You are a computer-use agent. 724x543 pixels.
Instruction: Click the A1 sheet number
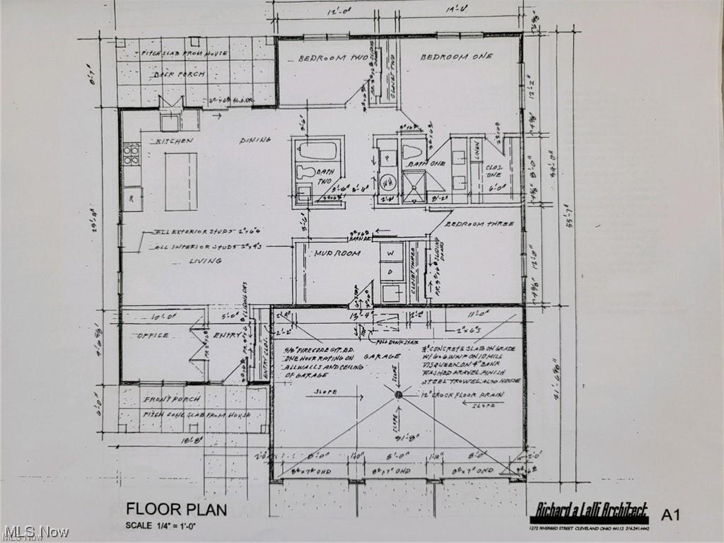point(670,515)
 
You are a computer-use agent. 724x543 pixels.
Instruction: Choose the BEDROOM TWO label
point(332,58)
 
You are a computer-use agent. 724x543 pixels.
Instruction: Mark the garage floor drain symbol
point(398,394)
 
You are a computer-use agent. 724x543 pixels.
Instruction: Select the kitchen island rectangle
point(181,182)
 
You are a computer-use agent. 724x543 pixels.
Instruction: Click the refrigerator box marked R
point(132,199)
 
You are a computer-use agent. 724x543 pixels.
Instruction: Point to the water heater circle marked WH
point(387,182)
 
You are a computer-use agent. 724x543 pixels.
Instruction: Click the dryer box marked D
point(391,273)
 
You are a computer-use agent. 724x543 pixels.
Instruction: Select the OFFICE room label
point(152,335)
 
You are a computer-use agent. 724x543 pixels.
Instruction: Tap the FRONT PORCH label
point(163,399)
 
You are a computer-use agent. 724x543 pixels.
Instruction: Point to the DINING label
point(255,140)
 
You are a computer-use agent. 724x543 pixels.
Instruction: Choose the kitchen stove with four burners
point(132,154)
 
